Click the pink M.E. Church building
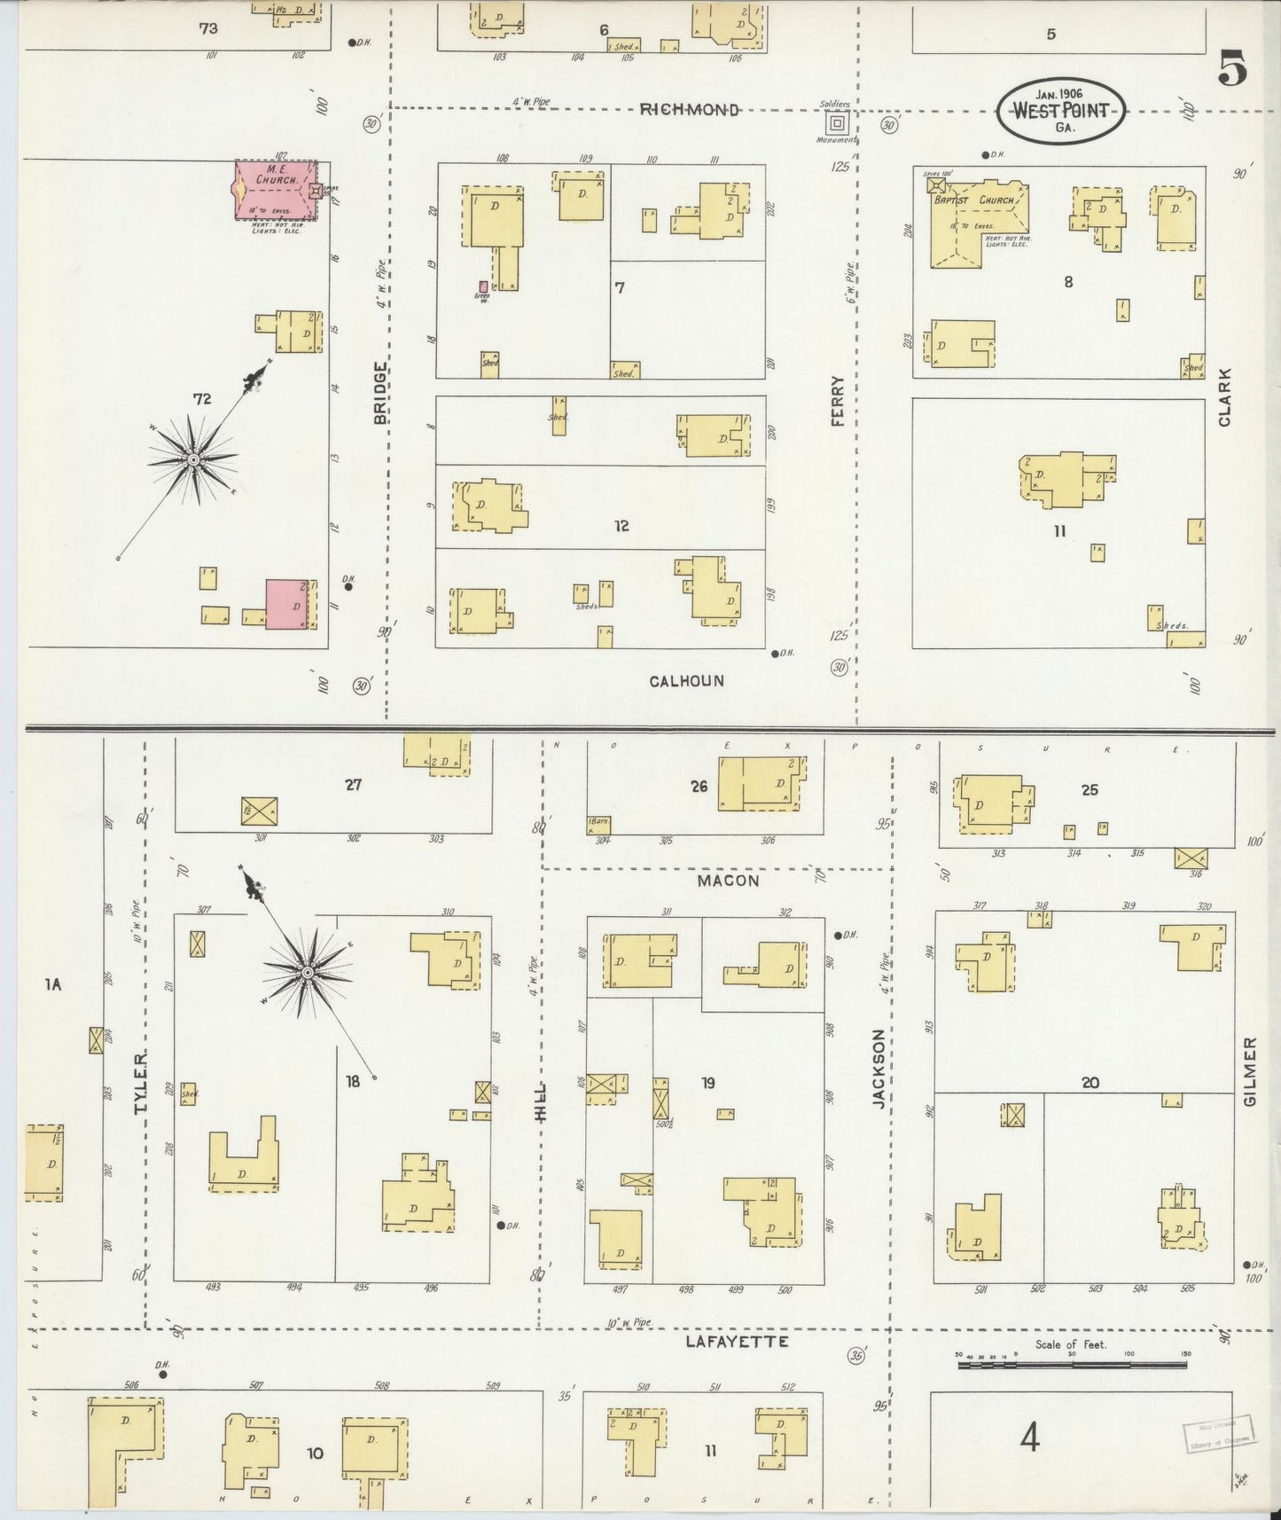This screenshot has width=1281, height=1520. [x=275, y=190]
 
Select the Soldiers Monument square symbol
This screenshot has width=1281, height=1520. [x=838, y=122]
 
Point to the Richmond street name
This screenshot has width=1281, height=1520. [x=689, y=110]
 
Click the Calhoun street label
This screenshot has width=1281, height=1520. [x=686, y=681]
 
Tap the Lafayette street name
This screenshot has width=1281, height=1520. [x=737, y=1342]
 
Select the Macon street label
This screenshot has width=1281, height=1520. [x=728, y=881]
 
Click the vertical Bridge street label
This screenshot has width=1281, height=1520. [x=381, y=392]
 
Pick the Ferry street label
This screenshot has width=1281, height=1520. [x=837, y=401]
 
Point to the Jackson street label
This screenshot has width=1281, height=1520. [x=879, y=1068]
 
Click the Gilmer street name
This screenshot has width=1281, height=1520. [x=1250, y=1071]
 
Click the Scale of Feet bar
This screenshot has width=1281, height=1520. [x=1071, y=1367]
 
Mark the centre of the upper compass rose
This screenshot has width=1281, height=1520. [x=193, y=458]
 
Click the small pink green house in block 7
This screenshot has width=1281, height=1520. [x=483, y=286]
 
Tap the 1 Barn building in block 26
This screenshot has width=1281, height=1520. [x=598, y=825]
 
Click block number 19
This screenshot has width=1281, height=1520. [x=708, y=1083]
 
